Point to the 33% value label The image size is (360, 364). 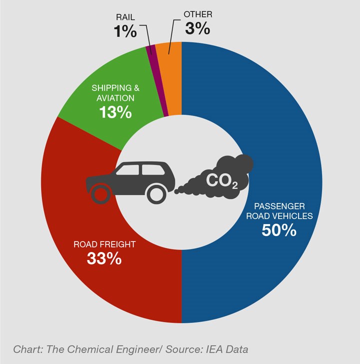click(x=104, y=258)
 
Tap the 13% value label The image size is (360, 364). click(x=115, y=112)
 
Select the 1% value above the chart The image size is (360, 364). click(x=124, y=31)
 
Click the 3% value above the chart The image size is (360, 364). click(x=197, y=28)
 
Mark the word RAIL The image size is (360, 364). click(x=124, y=16)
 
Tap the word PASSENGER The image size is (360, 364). click(x=279, y=205)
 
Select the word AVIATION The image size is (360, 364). click(x=115, y=98)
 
